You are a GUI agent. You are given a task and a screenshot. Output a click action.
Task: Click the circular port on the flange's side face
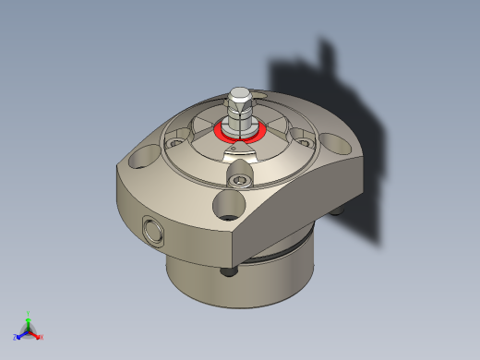pyautogui.click(x=151, y=230)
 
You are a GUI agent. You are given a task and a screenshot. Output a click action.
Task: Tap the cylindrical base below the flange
pyautogui.click(x=240, y=286)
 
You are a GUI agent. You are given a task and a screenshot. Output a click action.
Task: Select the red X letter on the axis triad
pyautogui.click(x=41, y=337)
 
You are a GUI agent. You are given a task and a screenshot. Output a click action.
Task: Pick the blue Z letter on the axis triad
pyautogui.click(x=15, y=337)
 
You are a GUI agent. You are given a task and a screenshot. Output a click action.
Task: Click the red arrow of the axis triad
pyautogui.click(x=35, y=334)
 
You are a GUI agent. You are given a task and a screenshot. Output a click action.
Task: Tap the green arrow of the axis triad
pyautogui.click(x=29, y=322)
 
